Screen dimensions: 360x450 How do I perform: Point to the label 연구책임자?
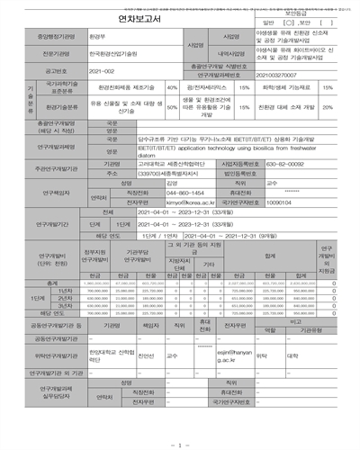point(43,193)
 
